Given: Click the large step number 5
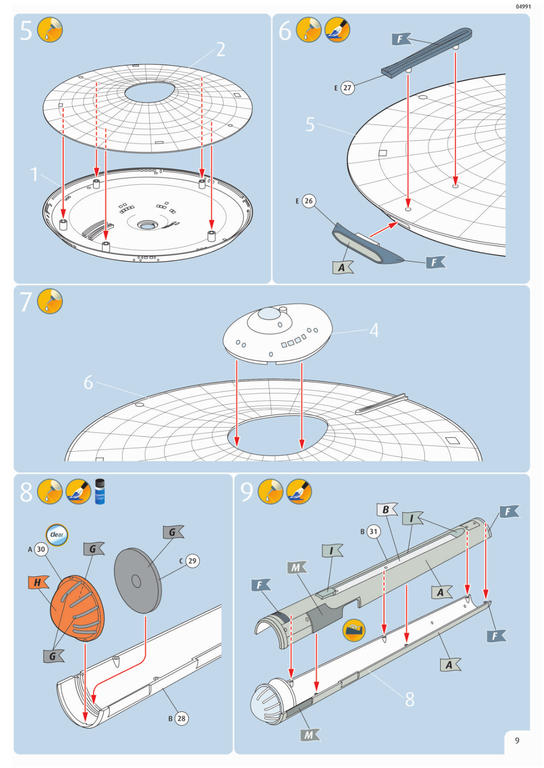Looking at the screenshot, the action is (x=26, y=30).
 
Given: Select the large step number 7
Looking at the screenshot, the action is (x=26, y=302).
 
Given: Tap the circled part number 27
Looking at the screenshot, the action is (x=347, y=88).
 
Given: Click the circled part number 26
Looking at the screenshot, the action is (x=309, y=201).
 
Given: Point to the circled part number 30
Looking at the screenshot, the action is (x=41, y=549).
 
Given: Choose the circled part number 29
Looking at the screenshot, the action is (x=192, y=561).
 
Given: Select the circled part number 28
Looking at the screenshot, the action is (x=181, y=719).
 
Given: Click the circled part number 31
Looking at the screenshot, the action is (x=373, y=531).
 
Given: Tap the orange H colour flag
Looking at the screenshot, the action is (x=38, y=582).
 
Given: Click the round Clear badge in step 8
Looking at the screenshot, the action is (x=57, y=535).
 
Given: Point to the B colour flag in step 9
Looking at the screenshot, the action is (x=386, y=510).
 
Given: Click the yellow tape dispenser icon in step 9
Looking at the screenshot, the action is (x=354, y=630).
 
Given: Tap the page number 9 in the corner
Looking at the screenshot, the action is (x=517, y=741).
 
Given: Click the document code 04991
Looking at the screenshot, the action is (x=523, y=7).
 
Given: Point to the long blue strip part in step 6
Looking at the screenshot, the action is (x=427, y=52).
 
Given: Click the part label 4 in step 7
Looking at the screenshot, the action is (x=374, y=330).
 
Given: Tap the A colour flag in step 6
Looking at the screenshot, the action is (x=342, y=267).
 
